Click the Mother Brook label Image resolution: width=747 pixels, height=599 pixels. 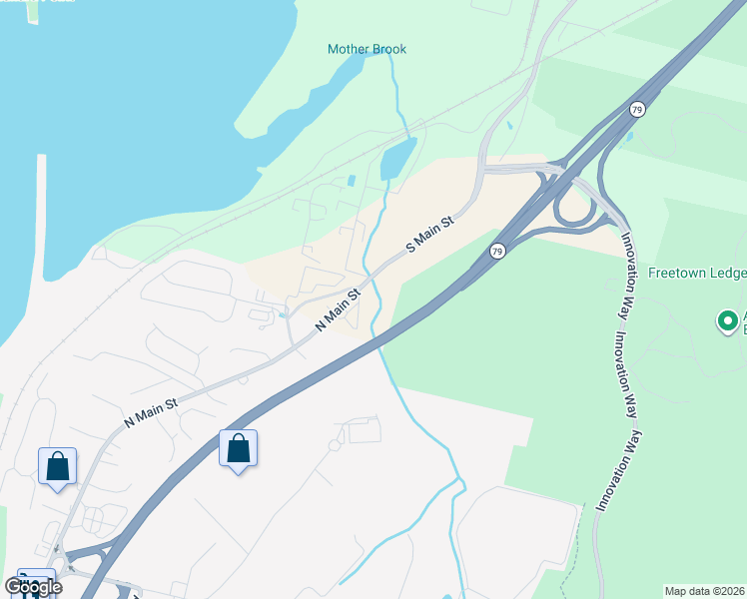tap(367, 49)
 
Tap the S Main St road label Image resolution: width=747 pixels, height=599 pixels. tap(430, 234)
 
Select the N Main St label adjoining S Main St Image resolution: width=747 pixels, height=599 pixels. tap(338, 310)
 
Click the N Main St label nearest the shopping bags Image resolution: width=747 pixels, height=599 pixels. tap(151, 409)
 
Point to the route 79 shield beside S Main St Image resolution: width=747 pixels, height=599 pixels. tap(497, 252)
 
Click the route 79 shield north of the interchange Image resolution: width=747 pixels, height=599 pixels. tap(637, 108)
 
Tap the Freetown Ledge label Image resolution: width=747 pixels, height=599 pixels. tap(697, 272)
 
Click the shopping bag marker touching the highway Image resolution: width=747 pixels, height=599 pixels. tap(238, 448)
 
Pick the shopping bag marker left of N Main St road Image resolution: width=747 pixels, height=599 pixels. tap(57, 466)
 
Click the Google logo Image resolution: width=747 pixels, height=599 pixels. tap(34, 586)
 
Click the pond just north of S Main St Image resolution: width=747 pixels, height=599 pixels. tap(397, 159)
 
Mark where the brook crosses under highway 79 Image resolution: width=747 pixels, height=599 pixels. tap(380, 344)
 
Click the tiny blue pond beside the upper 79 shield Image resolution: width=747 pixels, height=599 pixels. tap(628, 137)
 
